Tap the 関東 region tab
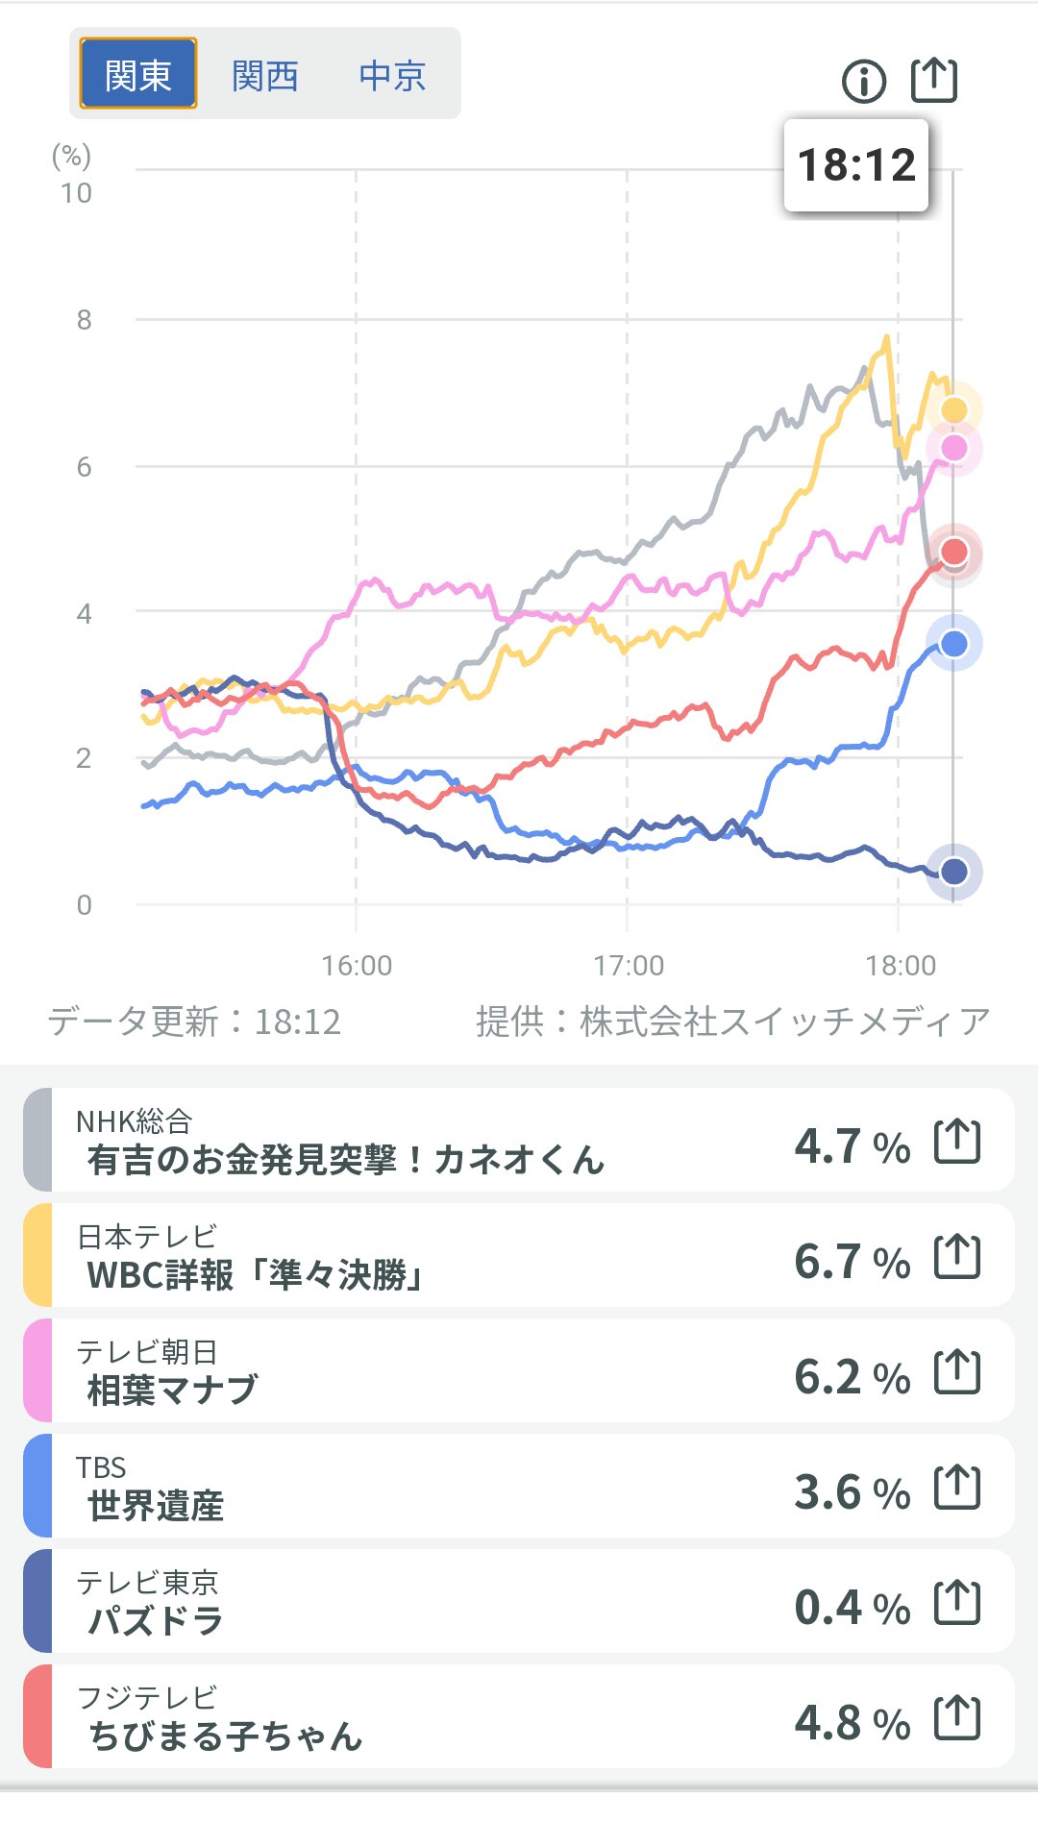point(137,74)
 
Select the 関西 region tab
point(265,75)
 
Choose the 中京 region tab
point(392,75)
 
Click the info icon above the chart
point(863,82)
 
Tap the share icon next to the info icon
point(933,80)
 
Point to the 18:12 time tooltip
point(855,165)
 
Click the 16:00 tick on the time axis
point(357,965)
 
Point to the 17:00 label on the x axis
point(629,965)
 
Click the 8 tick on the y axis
point(85,320)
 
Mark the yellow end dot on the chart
point(953,410)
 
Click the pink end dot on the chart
point(953,448)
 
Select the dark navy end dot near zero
point(953,872)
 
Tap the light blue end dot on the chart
point(953,644)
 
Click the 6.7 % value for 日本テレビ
point(852,1261)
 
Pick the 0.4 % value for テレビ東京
point(852,1607)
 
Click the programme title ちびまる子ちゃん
point(226,1736)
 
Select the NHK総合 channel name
point(135,1120)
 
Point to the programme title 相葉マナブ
point(173,1390)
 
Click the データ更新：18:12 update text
point(195,1022)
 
